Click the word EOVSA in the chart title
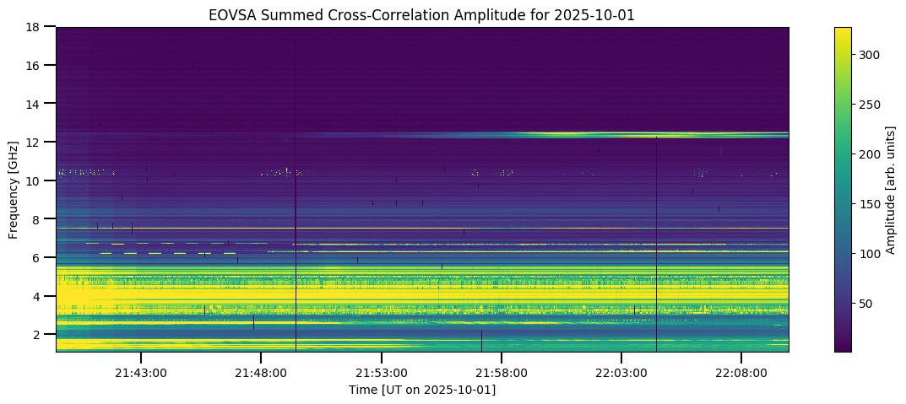[x=230, y=14]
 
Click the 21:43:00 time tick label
[x=141, y=373]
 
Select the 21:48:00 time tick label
[x=261, y=373]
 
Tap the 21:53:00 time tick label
[x=382, y=373]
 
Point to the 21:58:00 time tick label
[x=502, y=373]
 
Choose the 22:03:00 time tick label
[x=621, y=373]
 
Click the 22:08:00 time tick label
[x=741, y=373]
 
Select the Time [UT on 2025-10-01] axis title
[x=422, y=390]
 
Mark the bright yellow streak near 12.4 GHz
[x=591, y=133]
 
